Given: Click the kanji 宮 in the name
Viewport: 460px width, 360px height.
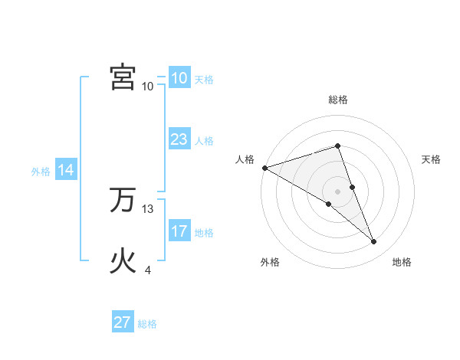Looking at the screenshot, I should pyautogui.click(x=123, y=77).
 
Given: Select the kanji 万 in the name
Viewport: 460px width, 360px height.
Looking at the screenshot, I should pyautogui.click(x=123, y=201).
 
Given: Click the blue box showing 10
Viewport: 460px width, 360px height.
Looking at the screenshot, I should pyautogui.click(x=179, y=78).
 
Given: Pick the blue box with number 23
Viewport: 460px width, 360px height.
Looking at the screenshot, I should pyautogui.click(x=179, y=140).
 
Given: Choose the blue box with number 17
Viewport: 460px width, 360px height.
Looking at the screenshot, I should pyautogui.click(x=179, y=231).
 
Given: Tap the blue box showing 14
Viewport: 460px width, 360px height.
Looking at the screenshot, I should pyautogui.click(x=66, y=171).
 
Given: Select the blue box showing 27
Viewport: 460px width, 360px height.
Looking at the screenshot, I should pyautogui.click(x=123, y=322).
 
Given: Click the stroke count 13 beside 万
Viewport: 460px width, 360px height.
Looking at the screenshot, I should pyautogui.click(x=148, y=209).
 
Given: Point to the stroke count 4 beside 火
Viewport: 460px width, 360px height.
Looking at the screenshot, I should pyautogui.click(x=148, y=270).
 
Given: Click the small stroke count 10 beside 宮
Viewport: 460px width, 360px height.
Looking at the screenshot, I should pyautogui.click(x=148, y=86).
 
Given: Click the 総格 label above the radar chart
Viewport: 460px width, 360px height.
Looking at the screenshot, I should pyautogui.click(x=338, y=100).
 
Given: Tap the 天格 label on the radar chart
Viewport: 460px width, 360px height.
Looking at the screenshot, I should pyautogui.click(x=432, y=159).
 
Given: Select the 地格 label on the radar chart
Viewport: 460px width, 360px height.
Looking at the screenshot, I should pyautogui.click(x=402, y=262).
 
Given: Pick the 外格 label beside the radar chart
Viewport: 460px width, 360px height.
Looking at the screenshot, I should pyautogui.click(x=270, y=262).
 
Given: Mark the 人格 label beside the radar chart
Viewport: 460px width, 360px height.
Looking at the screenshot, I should pyautogui.click(x=245, y=159).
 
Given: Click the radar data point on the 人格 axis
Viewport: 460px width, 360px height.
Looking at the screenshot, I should pyautogui.click(x=264, y=168).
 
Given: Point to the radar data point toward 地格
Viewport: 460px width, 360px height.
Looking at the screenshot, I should pyautogui.click(x=374, y=242).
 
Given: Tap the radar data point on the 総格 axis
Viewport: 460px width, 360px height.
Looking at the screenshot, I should pyautogui.click(x=338, y=146).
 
